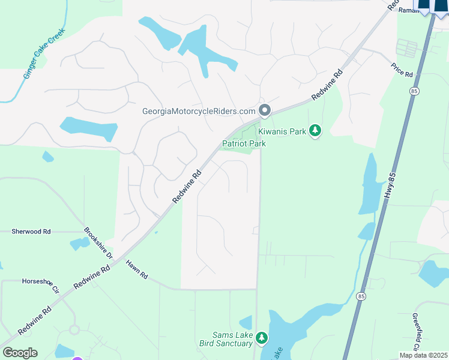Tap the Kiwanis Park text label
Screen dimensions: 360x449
(283, 131)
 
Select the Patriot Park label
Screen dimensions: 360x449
(244, 143)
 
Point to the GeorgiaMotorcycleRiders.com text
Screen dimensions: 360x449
(199, 111)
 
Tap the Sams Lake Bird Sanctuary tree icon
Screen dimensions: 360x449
(261, 339)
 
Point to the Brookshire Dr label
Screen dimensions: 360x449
(98, 242)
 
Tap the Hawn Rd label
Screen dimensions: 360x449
(136, 269)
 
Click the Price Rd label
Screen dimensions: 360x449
(402, 70)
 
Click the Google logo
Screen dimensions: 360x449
(20, 353)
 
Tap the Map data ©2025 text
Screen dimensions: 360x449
(423, 355)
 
